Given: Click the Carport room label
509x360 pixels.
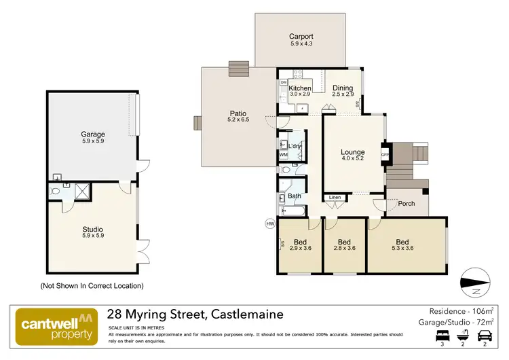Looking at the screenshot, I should click(301, 37).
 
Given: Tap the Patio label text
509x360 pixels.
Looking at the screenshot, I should click(238, 113).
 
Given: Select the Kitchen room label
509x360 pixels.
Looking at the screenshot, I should click(300, 88).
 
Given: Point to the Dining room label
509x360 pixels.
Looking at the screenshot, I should click(343, 88).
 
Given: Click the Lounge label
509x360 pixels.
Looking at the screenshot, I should click(353, 152).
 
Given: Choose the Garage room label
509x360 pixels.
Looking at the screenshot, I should click(93, 134).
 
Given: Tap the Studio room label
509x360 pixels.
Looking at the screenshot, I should click(93, 229).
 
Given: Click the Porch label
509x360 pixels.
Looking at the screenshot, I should click(407, 204).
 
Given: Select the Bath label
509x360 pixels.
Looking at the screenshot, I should click(295, 196).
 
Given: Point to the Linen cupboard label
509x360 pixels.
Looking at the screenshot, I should click(335, 198).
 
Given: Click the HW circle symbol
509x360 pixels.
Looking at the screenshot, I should click(269, 223).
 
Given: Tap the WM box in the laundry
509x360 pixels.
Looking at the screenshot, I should click(283, 155).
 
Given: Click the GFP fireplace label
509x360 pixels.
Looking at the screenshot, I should click(385, 154).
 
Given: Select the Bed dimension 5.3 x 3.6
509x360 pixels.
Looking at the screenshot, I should click(402, 249).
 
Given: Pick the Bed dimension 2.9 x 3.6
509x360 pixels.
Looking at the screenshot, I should click(300, 249).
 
